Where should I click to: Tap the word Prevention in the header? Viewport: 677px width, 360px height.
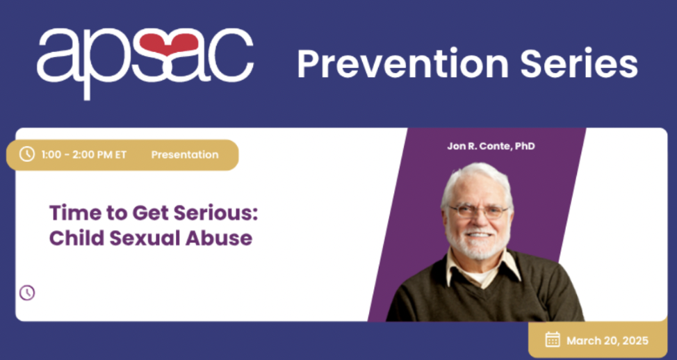(400, 63)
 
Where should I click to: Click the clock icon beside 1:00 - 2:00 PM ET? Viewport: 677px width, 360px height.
(27, 154)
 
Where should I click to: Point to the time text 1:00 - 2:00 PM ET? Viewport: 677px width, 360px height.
(84, 154)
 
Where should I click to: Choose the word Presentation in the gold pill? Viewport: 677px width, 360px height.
(185, 154)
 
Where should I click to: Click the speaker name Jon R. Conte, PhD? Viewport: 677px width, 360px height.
(491, 146)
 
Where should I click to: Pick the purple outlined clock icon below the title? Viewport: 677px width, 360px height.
(27, 293)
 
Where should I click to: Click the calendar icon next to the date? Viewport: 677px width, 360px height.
(553, 339)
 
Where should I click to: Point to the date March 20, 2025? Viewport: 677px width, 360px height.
(607, 341)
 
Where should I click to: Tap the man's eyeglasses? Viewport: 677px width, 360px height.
(479, 211)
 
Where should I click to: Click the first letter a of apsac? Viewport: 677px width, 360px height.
(56, 55)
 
